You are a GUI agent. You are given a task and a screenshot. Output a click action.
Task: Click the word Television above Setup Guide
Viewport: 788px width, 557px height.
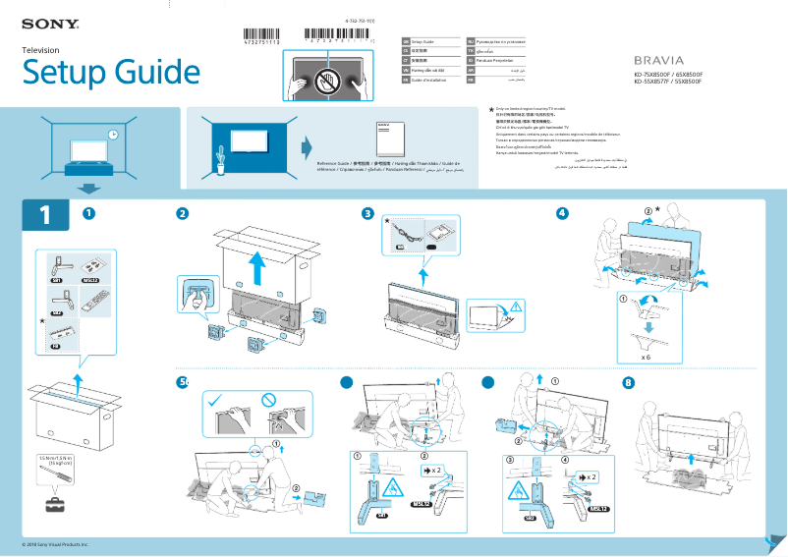[x=42, y=49]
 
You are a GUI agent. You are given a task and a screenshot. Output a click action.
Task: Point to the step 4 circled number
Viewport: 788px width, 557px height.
[x=562, y=213]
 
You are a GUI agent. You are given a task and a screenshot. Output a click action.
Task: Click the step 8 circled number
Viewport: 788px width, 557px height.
[x=630, y=382]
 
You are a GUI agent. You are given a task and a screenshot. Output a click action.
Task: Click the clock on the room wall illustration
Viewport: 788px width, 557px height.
[x=113, y=134]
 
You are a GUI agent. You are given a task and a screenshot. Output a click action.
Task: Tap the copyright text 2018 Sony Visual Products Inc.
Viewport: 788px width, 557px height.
[x=55, y=543]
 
